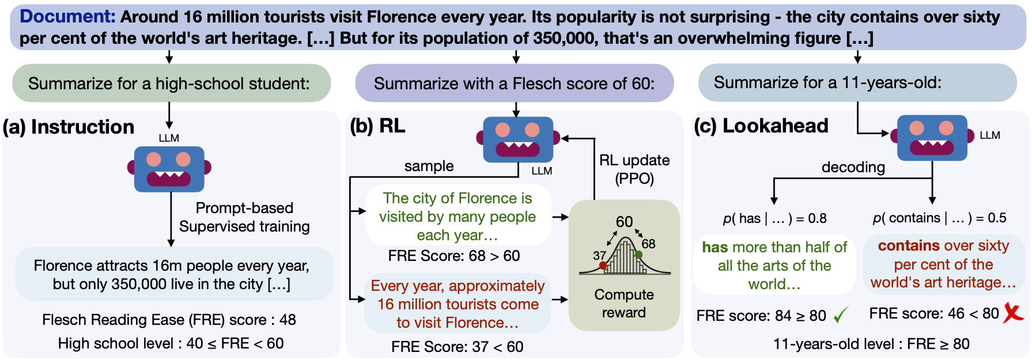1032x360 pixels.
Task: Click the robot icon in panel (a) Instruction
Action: click(169, 168)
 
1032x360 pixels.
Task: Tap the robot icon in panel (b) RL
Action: click(518, 139)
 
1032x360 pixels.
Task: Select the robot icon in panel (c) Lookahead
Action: click(932, 138)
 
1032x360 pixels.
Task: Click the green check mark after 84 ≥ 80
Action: click(841, 314)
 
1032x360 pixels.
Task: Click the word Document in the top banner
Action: click(67, 17)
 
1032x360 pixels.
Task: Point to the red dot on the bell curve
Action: click(603, 266)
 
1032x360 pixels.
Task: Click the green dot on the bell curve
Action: click(638, 254)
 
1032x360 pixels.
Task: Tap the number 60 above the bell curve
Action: click(624, 222)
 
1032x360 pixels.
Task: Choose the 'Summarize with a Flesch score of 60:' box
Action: click(514, 84)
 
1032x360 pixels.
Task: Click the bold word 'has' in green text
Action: click(715, 247)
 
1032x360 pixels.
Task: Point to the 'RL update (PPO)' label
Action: click(634, 169)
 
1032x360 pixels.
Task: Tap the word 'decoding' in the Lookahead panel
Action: click(853, 167)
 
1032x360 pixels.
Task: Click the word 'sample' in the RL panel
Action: click(429, 166)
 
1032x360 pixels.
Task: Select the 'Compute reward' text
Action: click(624, 304)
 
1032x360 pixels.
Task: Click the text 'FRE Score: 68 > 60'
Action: click(454, 256)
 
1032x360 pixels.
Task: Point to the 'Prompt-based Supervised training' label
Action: click(244, 217)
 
